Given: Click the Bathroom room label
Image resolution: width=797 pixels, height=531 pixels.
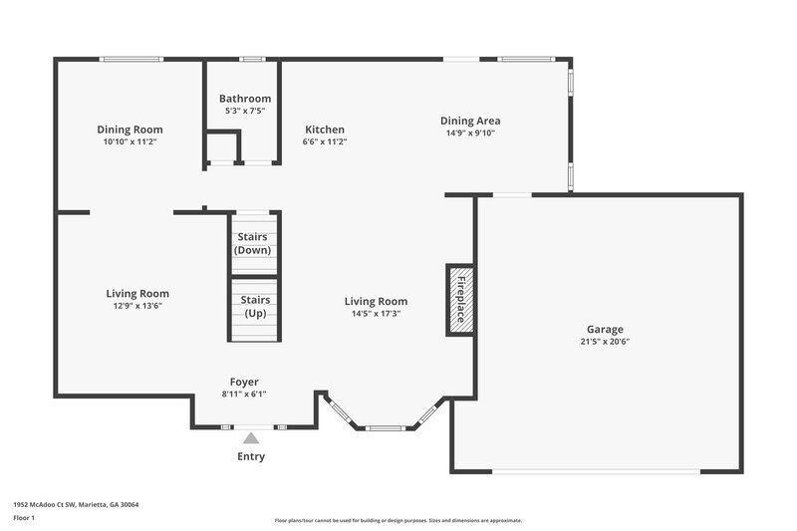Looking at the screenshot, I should [245, 99].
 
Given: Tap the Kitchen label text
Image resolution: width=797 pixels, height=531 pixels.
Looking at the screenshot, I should [325, 130].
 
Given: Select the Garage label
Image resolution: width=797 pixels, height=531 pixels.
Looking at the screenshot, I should [605, 329].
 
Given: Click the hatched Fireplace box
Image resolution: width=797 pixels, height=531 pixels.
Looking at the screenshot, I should [460, 300].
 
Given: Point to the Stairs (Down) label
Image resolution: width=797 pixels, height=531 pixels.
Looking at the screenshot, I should [253, 243].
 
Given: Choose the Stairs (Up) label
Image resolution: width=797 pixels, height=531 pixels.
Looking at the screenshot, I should [256, 306].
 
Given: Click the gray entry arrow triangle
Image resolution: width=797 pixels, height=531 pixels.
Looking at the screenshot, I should [251, 437].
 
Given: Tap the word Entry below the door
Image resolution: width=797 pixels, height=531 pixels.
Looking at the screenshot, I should [251, 456].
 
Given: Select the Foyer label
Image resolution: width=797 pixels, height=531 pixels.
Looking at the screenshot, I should [244, 382].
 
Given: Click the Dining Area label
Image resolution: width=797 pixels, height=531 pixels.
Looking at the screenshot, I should [470, 121].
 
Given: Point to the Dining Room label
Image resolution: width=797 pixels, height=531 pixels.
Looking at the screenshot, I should [130, 130].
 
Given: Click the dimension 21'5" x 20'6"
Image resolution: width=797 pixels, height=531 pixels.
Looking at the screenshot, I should [605, 342].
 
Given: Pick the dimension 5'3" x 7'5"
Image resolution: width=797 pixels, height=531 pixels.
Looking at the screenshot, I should [245, 111].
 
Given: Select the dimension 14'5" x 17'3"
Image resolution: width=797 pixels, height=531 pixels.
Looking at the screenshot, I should [376, 313].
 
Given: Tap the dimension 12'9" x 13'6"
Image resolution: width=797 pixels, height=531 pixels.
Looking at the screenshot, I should [137, 306].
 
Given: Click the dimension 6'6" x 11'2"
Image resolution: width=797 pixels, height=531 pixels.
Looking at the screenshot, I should [325, 141].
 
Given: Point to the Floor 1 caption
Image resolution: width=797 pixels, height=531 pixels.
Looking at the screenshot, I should [24, 518].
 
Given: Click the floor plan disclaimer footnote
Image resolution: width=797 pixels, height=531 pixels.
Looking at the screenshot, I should [398, 520].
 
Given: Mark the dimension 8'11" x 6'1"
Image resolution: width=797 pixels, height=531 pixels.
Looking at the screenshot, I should [244, 394].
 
